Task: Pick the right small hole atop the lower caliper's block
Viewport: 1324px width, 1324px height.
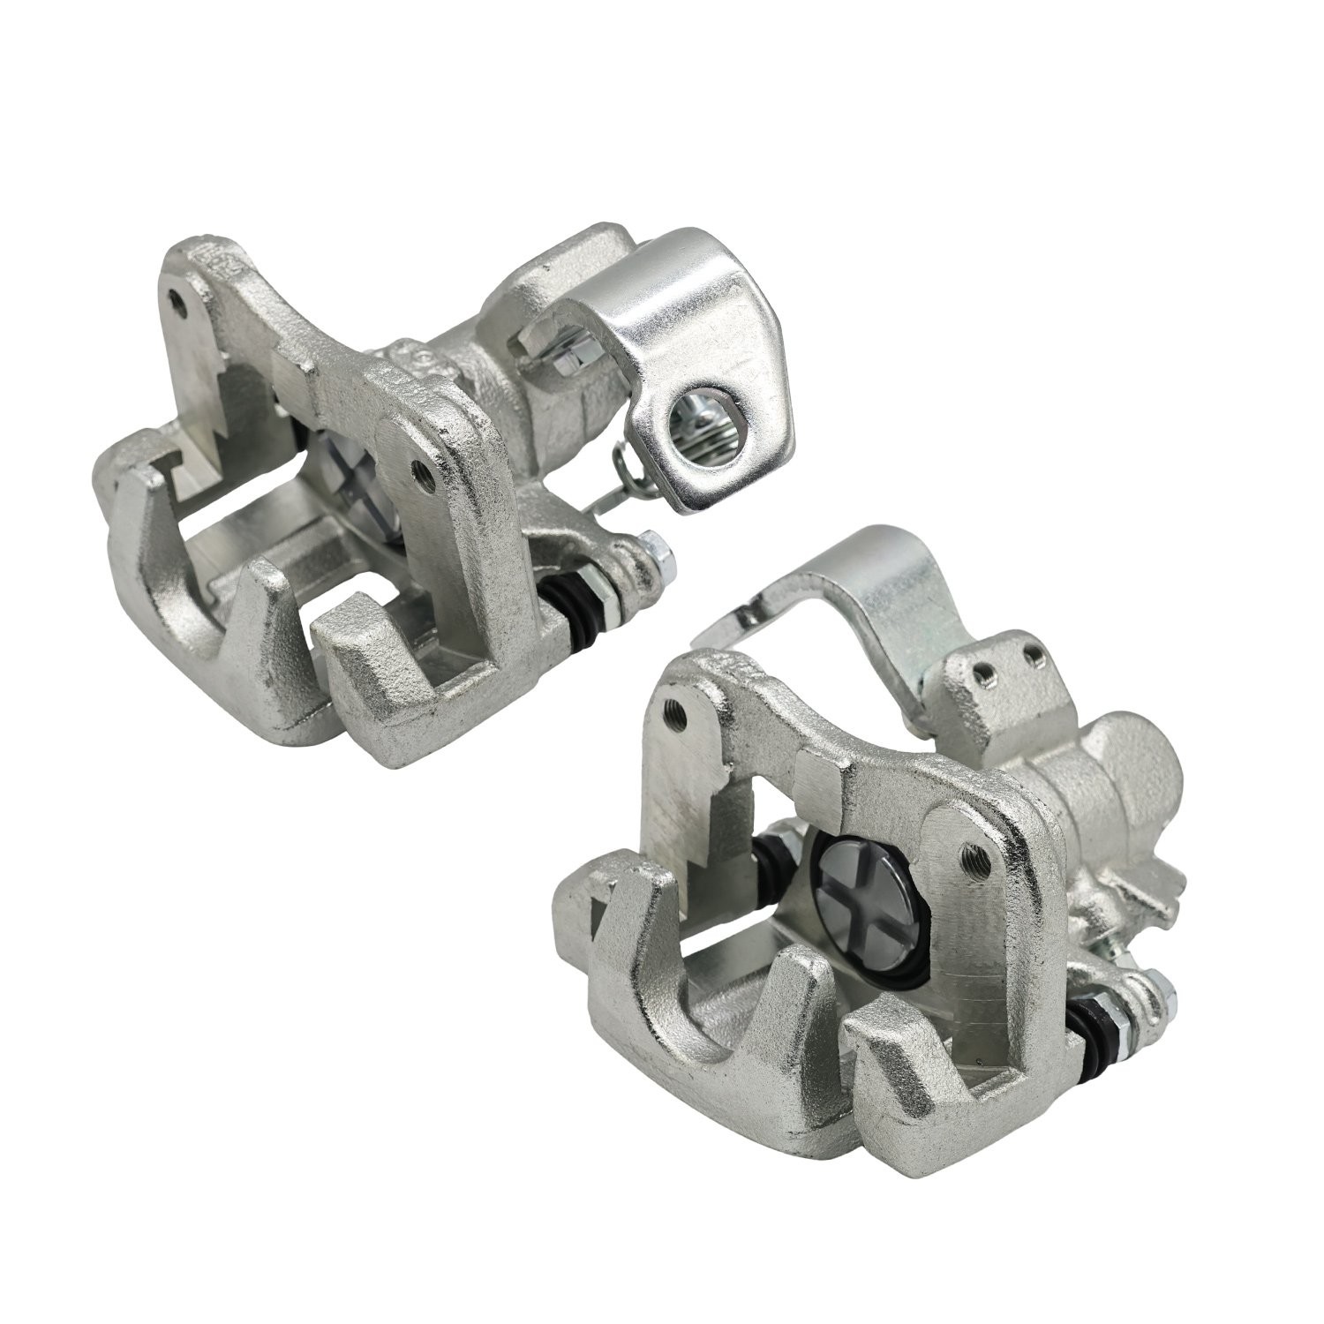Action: click(x=1029, y=654)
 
